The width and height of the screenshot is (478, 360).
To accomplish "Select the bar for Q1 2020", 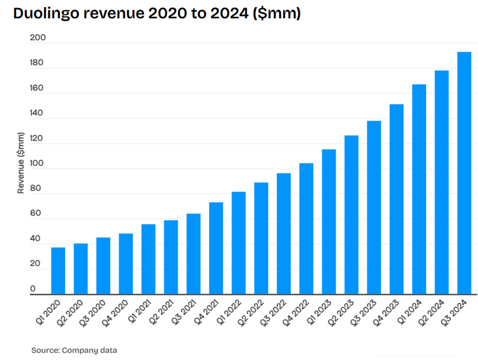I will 58,271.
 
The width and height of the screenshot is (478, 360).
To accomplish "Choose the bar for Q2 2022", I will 261,238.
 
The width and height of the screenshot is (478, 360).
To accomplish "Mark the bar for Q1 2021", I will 148,259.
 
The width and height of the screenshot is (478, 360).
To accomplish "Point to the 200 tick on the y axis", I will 38,38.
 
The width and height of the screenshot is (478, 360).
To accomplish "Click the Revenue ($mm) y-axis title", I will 21,163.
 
